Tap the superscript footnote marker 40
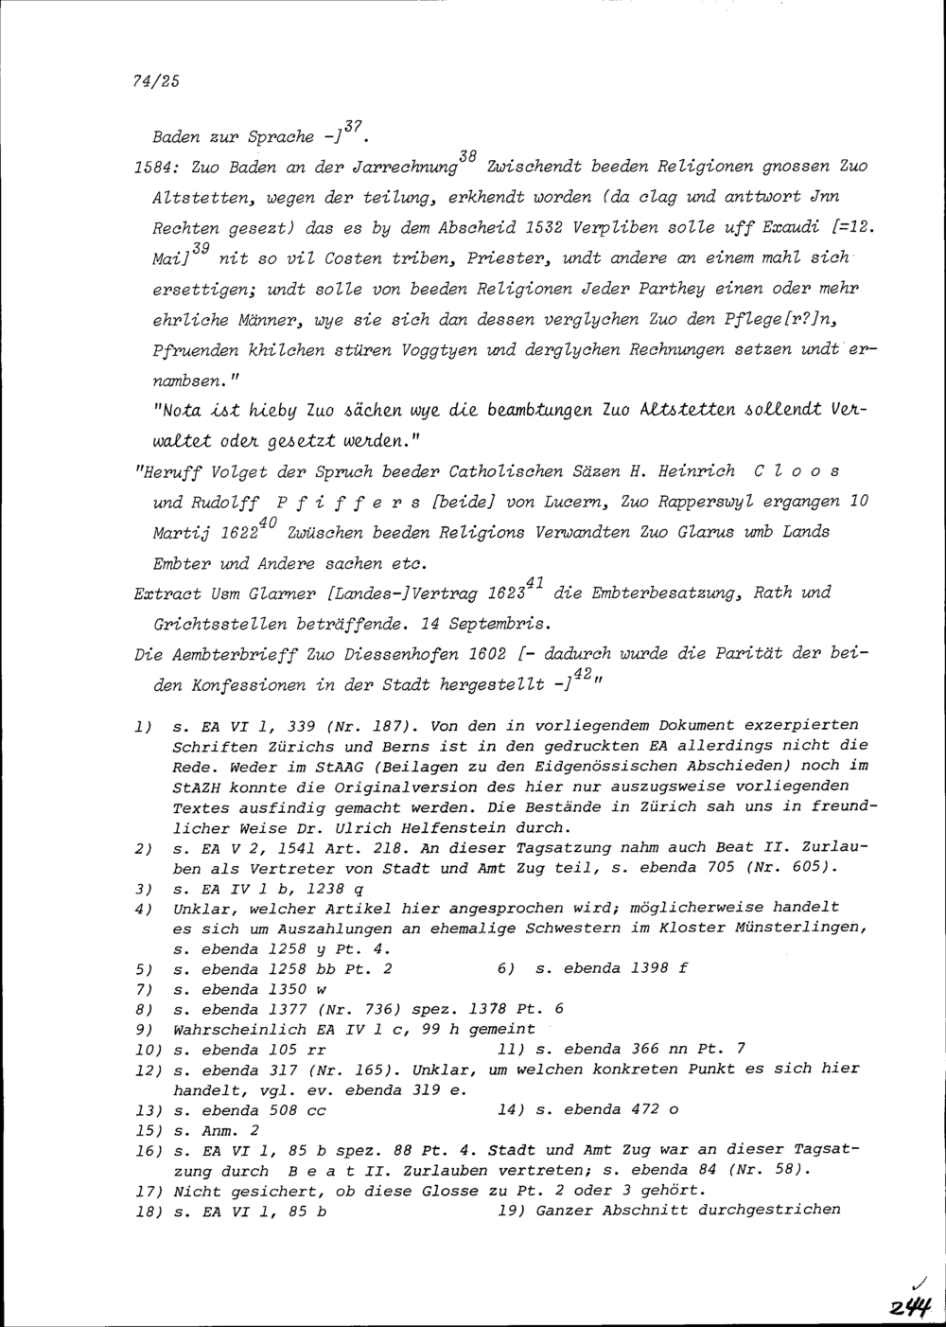(x=267, y=522)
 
